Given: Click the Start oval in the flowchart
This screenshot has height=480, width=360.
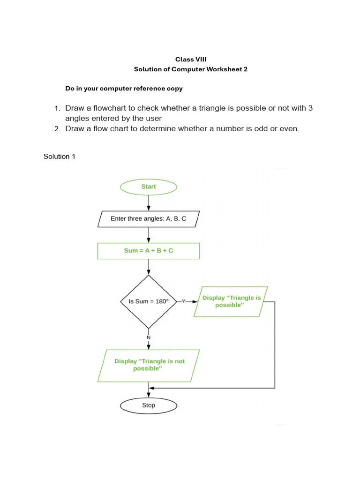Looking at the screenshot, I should pyautogui.click(x=149, y=187).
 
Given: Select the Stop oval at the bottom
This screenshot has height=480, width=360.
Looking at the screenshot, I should pyautogui.click(x=149, y=405).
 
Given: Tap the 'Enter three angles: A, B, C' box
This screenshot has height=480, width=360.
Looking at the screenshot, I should pyautogui.click(x=149, y=218).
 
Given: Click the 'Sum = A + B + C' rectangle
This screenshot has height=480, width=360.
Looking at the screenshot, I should pyautogui.click(x=149, y=251).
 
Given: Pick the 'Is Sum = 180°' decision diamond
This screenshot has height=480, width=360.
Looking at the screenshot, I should pyautogui.click(x=149, y=301).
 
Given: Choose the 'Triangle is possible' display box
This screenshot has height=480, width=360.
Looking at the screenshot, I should pyautogui.click(x=231, y=301).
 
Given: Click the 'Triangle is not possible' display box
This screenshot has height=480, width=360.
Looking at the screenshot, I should pyautogui.click(x=149, y=365).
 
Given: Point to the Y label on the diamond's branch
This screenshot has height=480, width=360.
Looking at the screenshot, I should pyautogui.click(x=184, y=301).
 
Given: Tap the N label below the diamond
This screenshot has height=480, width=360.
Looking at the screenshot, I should pyautogui.click(x=149, y=337).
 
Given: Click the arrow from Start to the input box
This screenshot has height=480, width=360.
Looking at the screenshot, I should pyautogui.click(x=149, y=202).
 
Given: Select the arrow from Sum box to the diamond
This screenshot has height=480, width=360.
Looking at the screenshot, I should pyautogui.click(x=149, y=267).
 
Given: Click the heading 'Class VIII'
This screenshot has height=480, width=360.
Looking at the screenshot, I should pyautogui.click(x=190, y=59).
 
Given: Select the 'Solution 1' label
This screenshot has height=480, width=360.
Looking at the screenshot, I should pyautogui.click(x=60, y=157).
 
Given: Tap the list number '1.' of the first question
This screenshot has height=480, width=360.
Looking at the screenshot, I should pyautogui.click(x=57, y=108).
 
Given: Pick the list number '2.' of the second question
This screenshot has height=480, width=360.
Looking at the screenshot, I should pyautogui.click(x=57, y=128).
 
